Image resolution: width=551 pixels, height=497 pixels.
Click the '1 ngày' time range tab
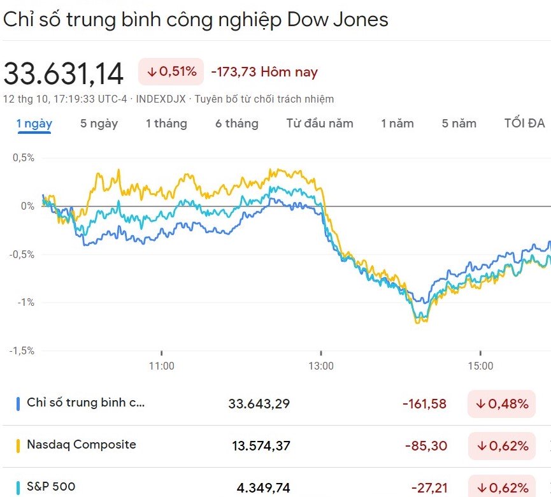pos(34,123)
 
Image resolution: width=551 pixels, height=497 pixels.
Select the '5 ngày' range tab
pos(99,123)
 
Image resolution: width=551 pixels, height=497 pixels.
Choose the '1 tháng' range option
pos(166,123)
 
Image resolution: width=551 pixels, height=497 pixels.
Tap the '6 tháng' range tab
pos(237,123)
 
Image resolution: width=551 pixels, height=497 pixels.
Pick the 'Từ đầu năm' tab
pos(320,123)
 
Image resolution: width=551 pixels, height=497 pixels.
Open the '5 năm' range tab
pos(459,123)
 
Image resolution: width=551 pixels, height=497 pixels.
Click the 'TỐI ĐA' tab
pos(524,123)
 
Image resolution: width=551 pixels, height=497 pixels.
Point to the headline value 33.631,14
pos(64,73)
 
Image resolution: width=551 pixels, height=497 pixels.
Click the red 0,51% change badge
pos(171,72)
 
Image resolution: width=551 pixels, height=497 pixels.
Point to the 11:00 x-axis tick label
pos(162,366)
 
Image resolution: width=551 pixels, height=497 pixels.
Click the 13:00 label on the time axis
pos(321,366)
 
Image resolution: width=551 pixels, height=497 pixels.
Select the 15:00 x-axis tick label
pos(480,366)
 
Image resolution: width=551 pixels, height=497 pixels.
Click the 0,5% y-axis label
pos(23,157)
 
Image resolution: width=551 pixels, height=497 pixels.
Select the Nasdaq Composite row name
pos(82,445)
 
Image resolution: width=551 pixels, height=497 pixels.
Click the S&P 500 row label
pos(51,487)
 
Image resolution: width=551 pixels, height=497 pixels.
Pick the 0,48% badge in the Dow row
pos(502,403)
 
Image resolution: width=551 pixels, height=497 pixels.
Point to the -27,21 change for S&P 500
pos(429,488)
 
